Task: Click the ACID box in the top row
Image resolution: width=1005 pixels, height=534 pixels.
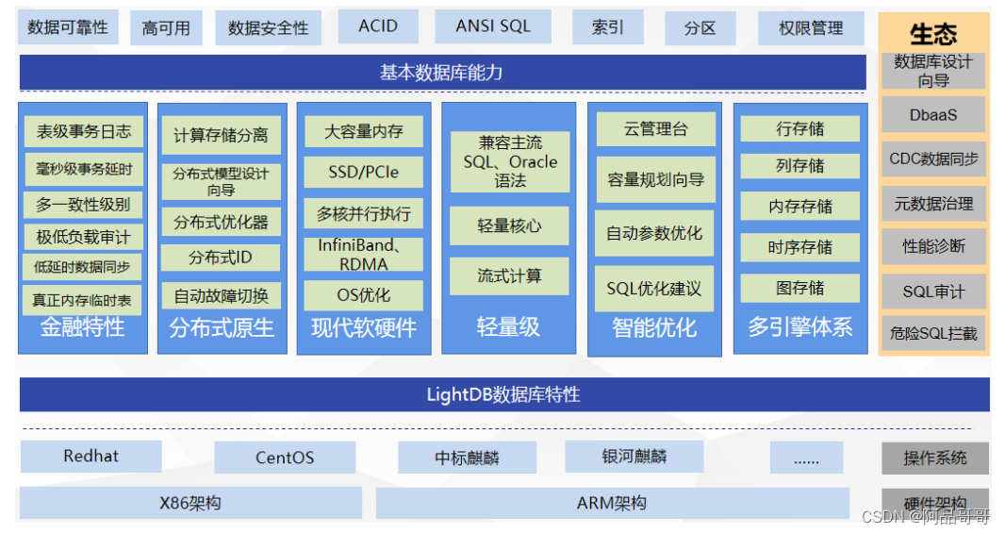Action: (x=378, y=27)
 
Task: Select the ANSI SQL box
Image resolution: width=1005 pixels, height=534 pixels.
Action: (x=493, y=27)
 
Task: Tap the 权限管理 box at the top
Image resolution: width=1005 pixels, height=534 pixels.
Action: (x=811, y=28)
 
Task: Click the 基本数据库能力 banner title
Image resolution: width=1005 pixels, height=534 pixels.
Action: (x=441, y=73)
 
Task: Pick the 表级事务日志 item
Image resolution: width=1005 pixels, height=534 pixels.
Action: (x=83, y=131)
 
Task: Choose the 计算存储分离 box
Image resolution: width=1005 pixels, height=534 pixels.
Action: (x=221, y=135)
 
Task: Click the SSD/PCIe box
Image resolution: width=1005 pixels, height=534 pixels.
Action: (x=363, y=172)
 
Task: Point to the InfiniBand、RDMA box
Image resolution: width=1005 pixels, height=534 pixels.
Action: (x=363, y=255)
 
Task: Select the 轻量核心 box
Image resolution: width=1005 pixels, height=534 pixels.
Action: (x=509, y=226)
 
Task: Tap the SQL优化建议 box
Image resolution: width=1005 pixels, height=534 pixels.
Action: (x=653, y=289)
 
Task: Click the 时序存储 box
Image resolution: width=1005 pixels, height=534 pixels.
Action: (x=800, y=247)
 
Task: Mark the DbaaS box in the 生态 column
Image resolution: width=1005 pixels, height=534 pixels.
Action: (x=933, y=114)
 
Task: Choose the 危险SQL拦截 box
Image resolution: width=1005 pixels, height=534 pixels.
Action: (x=933, y=333)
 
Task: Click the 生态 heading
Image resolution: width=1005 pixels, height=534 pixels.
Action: (x=933, y=35)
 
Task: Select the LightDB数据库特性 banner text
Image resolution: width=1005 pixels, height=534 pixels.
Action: (x=503, y=394)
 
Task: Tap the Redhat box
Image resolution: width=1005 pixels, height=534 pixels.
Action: (x=91, y=457)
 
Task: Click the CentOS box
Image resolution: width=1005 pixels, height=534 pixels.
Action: (x=285, y=459)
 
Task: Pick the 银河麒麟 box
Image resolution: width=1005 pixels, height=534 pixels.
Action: (x=634, y=457)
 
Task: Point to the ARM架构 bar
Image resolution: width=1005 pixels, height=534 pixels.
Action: (x=612, y=503)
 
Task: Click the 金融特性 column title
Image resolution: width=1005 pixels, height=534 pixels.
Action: (x=82, y=327)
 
